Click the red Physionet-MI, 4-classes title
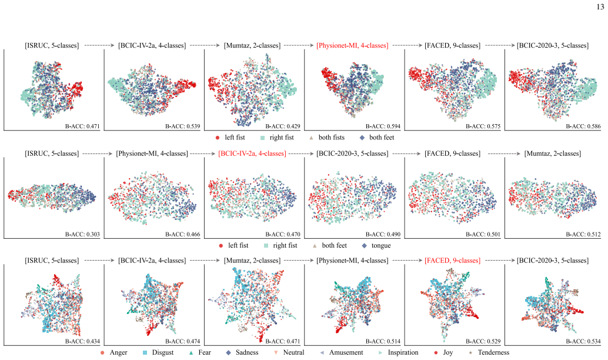pos(352,45)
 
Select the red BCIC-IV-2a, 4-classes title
pos(252,154)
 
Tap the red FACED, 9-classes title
pos(453,261)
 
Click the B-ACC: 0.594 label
pos(383,126)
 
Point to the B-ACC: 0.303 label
pos(82,234)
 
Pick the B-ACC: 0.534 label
pos(583,341)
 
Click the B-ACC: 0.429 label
pos(283,126)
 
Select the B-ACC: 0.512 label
pos(583,234)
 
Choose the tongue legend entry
pos(376,245)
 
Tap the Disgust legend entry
pos(158,352)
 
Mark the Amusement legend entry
pos(342,352)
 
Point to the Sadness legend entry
pos(242,352)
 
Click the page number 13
pos(600,7)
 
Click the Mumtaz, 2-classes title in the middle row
pos(553,154)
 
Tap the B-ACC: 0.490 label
pos(383,234)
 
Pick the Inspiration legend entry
pos(398,352)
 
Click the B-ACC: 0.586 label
pos(583,126)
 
